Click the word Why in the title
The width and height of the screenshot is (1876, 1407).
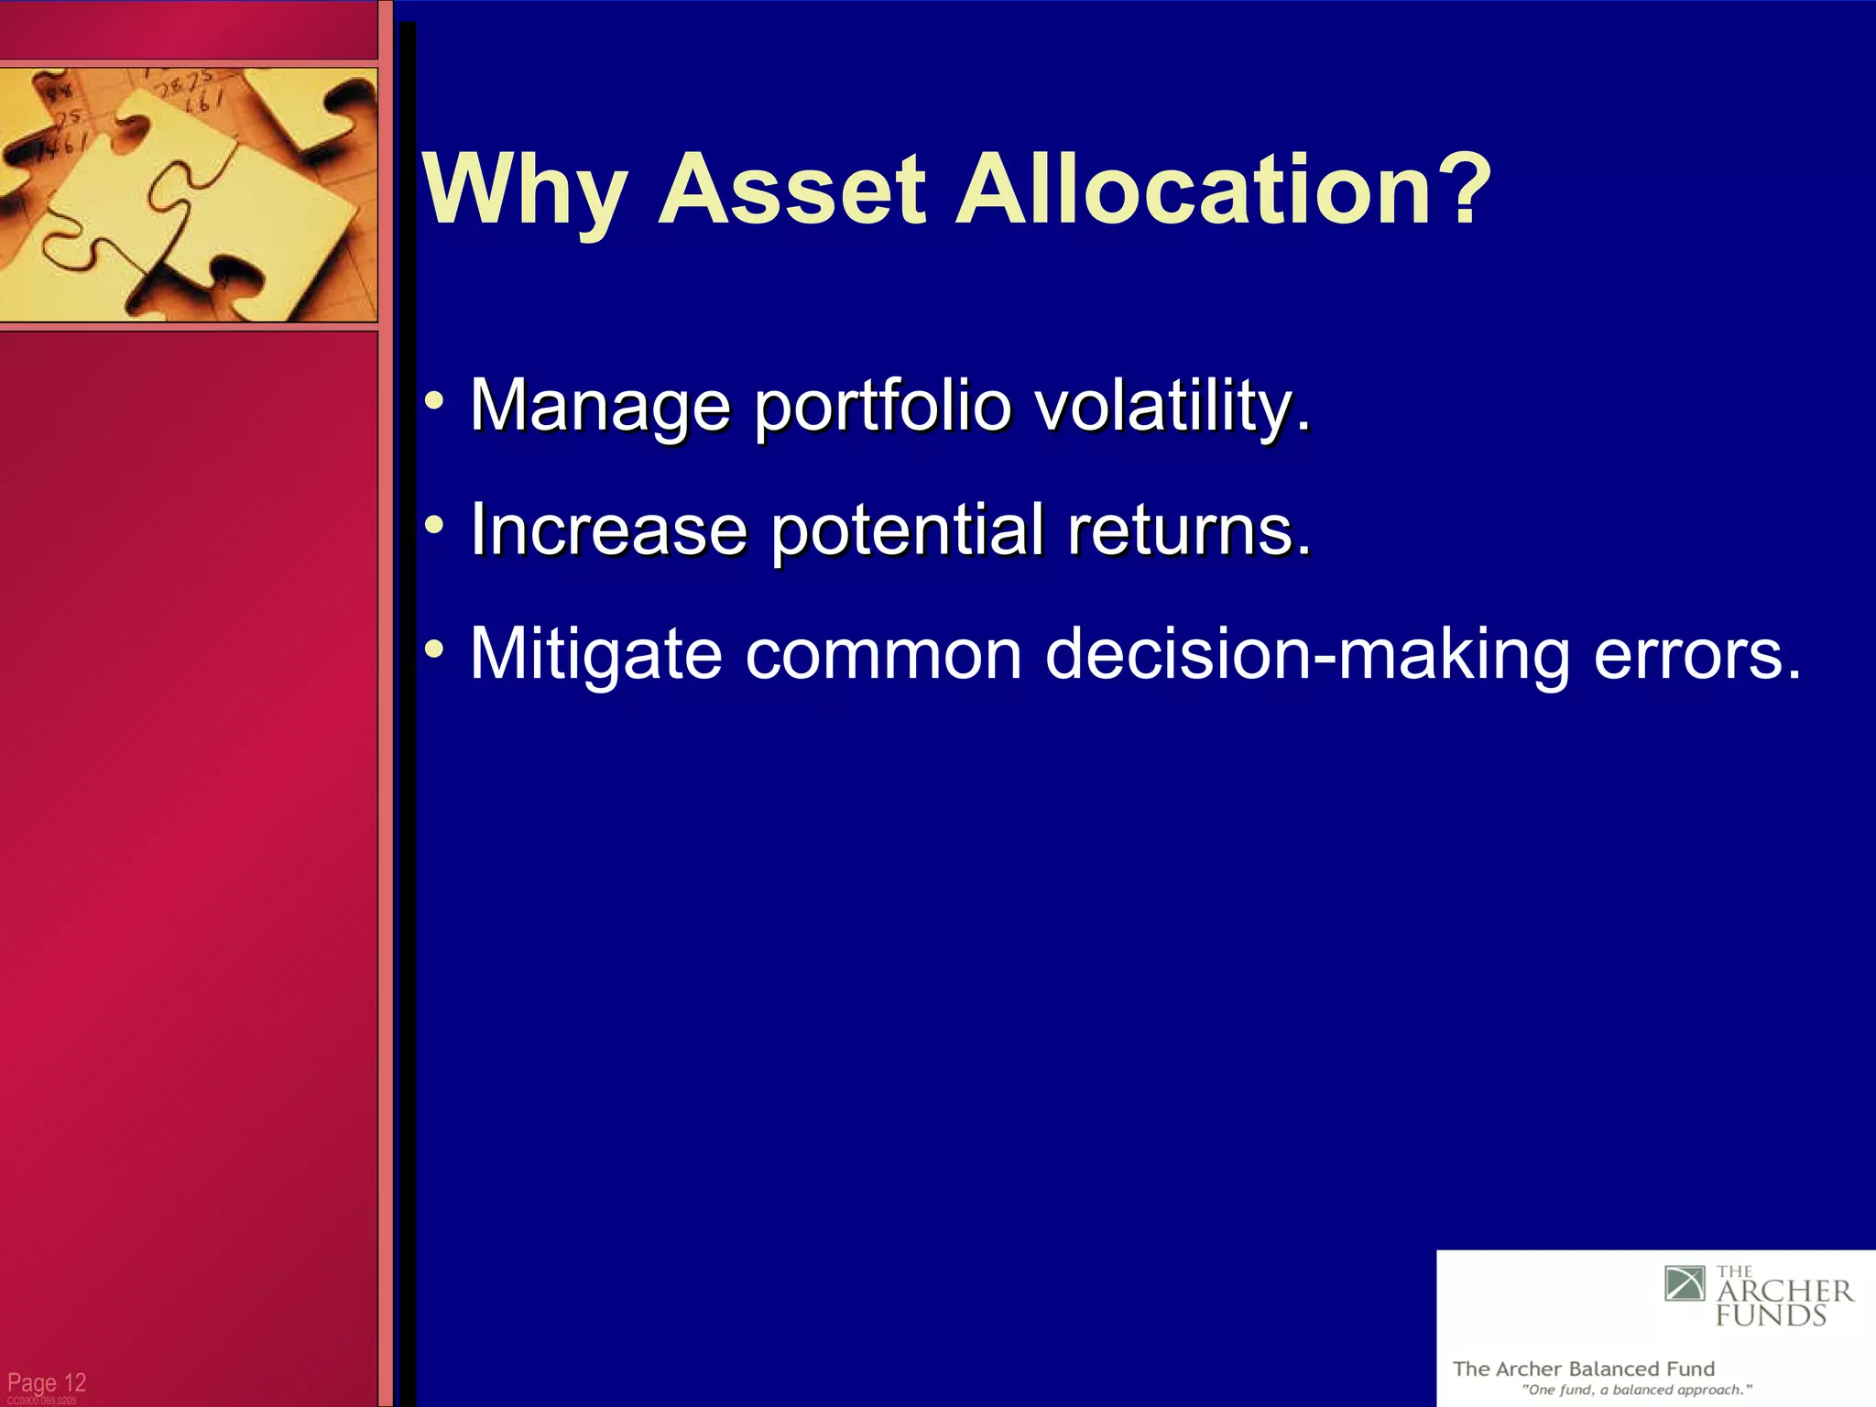[x=525, y=191]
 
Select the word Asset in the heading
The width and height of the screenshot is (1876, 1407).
[x=791, y=191]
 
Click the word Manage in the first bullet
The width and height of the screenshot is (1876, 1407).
[x=600, y=406]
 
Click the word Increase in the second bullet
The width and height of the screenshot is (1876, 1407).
[x=608, y=529]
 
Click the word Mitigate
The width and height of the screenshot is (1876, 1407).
[x=595, y=653]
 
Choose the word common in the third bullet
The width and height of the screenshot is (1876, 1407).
[x=883, y=655]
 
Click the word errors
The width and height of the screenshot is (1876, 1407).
[x=1697, y=655]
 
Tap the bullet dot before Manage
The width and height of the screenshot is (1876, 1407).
[x=435, y=401]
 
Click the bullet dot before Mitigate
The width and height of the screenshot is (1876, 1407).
[x=435, y=649]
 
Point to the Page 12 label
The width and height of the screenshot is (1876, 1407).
[x=47, y=1382]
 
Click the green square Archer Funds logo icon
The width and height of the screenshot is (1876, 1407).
[x=1685, y=1283]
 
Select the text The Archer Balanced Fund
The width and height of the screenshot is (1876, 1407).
[x=1583, y=1369]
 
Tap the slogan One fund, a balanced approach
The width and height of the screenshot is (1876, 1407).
[x=1637, y=1390]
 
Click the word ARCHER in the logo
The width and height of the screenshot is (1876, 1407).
[x=1784, y=1292]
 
